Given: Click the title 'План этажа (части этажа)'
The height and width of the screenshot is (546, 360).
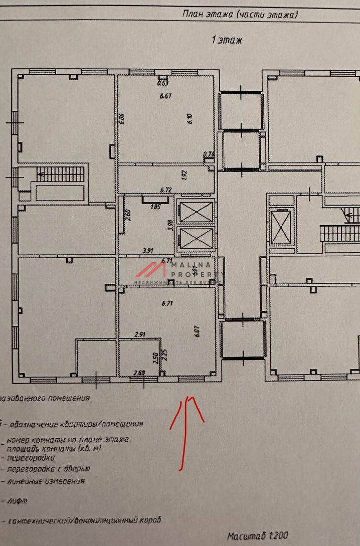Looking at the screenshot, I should (x=240, y=15).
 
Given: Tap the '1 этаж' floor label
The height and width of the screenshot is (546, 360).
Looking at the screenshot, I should (x=227, y=40).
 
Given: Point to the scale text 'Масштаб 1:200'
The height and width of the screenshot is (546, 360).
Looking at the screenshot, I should (x=258, y=536).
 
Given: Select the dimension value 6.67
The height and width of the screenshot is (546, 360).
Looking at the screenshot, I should (x=166, y=96).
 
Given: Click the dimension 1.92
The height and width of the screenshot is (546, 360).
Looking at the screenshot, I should (x=184, y=175).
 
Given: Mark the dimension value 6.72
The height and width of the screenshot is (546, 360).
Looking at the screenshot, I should (x=166, y=190).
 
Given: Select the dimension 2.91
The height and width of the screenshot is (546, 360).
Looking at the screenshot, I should (x=140, y=333).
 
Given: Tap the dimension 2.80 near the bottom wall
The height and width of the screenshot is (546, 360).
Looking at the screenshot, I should (x=139, y=373).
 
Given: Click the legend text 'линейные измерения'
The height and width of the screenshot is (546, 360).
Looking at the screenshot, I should (x=46, y=481).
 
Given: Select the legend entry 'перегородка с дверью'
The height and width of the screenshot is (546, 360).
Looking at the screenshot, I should (x=48, y=469).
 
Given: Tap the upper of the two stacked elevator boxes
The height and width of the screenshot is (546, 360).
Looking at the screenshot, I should (x=195, y=212).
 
